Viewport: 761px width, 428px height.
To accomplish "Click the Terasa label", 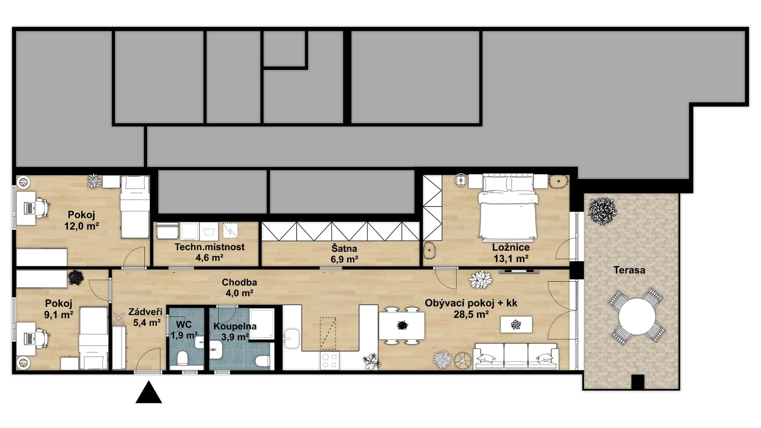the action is (x=629, y=270).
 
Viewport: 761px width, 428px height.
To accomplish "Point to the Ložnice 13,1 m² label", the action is (x=511, y=253).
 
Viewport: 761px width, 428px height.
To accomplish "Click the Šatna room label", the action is (x=344, y=254).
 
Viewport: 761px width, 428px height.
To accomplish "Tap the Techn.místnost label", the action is (x=210, y=252).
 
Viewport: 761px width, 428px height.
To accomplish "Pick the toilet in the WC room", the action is (x=183, y=358).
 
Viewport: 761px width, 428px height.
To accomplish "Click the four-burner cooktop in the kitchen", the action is (x=330, y=360).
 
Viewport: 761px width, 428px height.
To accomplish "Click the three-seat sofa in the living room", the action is (x=516, y=356).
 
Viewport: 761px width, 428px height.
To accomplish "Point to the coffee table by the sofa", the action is (x=516, y=325).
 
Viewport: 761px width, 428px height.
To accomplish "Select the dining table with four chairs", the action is (x=402, y=325).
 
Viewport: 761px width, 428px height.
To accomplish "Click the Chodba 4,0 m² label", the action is (x=239, y=288).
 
